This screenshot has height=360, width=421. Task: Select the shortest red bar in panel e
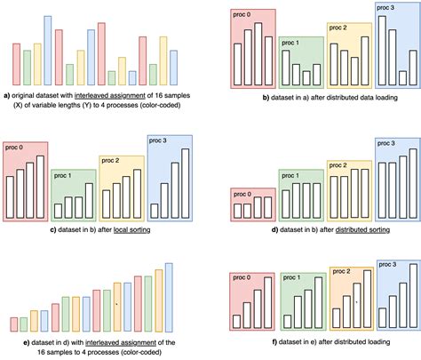pos(12,323)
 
